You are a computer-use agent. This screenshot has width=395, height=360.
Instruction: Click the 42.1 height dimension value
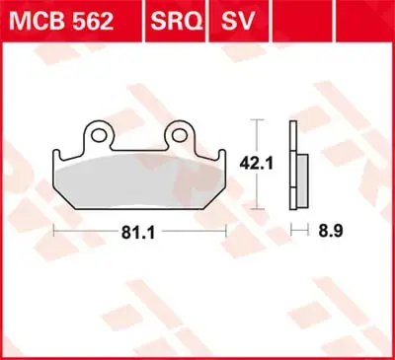[x=259, y=164]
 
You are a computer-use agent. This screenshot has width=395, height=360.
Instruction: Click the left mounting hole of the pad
[x=99, y=130]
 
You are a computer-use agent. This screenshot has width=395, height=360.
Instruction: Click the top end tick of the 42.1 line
[x=259, y=119]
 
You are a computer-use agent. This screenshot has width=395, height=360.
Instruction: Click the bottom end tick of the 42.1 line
[x=259, y=208]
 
